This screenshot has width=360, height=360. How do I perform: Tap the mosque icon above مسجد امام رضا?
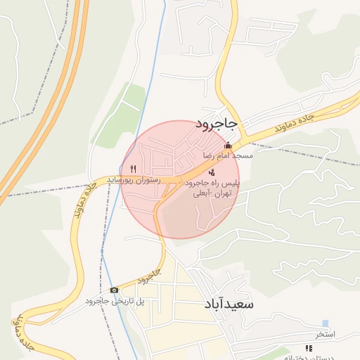[x=227, y=146]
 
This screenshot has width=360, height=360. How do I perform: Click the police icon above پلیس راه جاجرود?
[x=212, y=172]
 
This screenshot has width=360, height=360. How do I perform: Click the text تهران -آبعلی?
[x=212, y=192]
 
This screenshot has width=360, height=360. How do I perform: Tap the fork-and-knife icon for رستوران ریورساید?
[x=133, y=169]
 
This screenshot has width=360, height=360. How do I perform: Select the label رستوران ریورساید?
[x=134, y=181]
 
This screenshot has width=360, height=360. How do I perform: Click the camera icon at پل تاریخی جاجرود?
[x=115, y=290]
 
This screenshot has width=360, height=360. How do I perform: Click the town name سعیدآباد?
[x=228, y=304]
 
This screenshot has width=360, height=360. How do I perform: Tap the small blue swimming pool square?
[x=325, y=323]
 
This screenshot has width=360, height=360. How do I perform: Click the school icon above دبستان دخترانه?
[x=308, y=348]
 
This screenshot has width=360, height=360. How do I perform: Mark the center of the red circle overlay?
[x=180, y=179]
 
